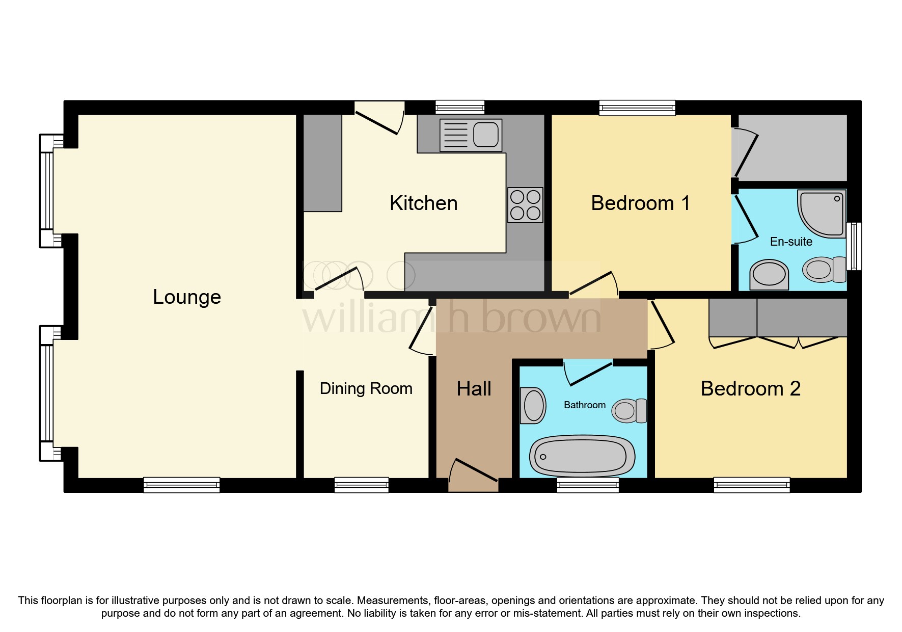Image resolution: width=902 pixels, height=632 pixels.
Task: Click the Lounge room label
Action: (x=187, y=297)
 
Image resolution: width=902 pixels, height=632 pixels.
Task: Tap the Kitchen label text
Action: (x=423, y=203)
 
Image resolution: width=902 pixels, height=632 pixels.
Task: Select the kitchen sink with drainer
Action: (x=471, y=135)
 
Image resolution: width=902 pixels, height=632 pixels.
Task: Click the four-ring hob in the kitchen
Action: (x=525, y=205)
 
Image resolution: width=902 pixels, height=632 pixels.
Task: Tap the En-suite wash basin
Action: (x=769, y=275)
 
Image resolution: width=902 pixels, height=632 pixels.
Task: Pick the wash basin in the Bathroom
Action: (x=533, y=406)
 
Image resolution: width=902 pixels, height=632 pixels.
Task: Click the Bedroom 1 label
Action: (x=640, y=203)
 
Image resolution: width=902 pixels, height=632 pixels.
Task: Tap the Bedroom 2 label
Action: (x=750, y=389)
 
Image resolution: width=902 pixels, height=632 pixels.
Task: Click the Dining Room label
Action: (x=366, y=389)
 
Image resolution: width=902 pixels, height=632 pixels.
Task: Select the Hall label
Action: (x=474, y=389)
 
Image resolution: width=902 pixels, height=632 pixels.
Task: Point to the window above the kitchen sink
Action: (x=460, y=107)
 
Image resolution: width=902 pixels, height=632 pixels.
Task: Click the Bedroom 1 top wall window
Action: (x=637, y=108)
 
